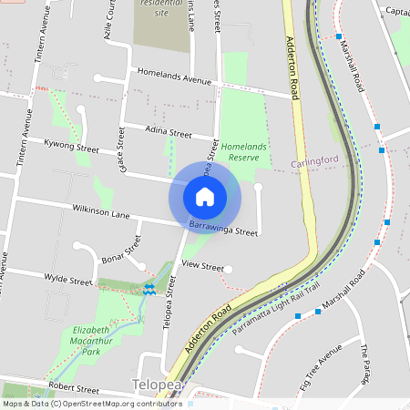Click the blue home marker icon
205,196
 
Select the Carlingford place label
314,163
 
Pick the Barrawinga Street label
223,228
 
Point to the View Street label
201,265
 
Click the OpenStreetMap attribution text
91,403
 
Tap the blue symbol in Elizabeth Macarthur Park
149,289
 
